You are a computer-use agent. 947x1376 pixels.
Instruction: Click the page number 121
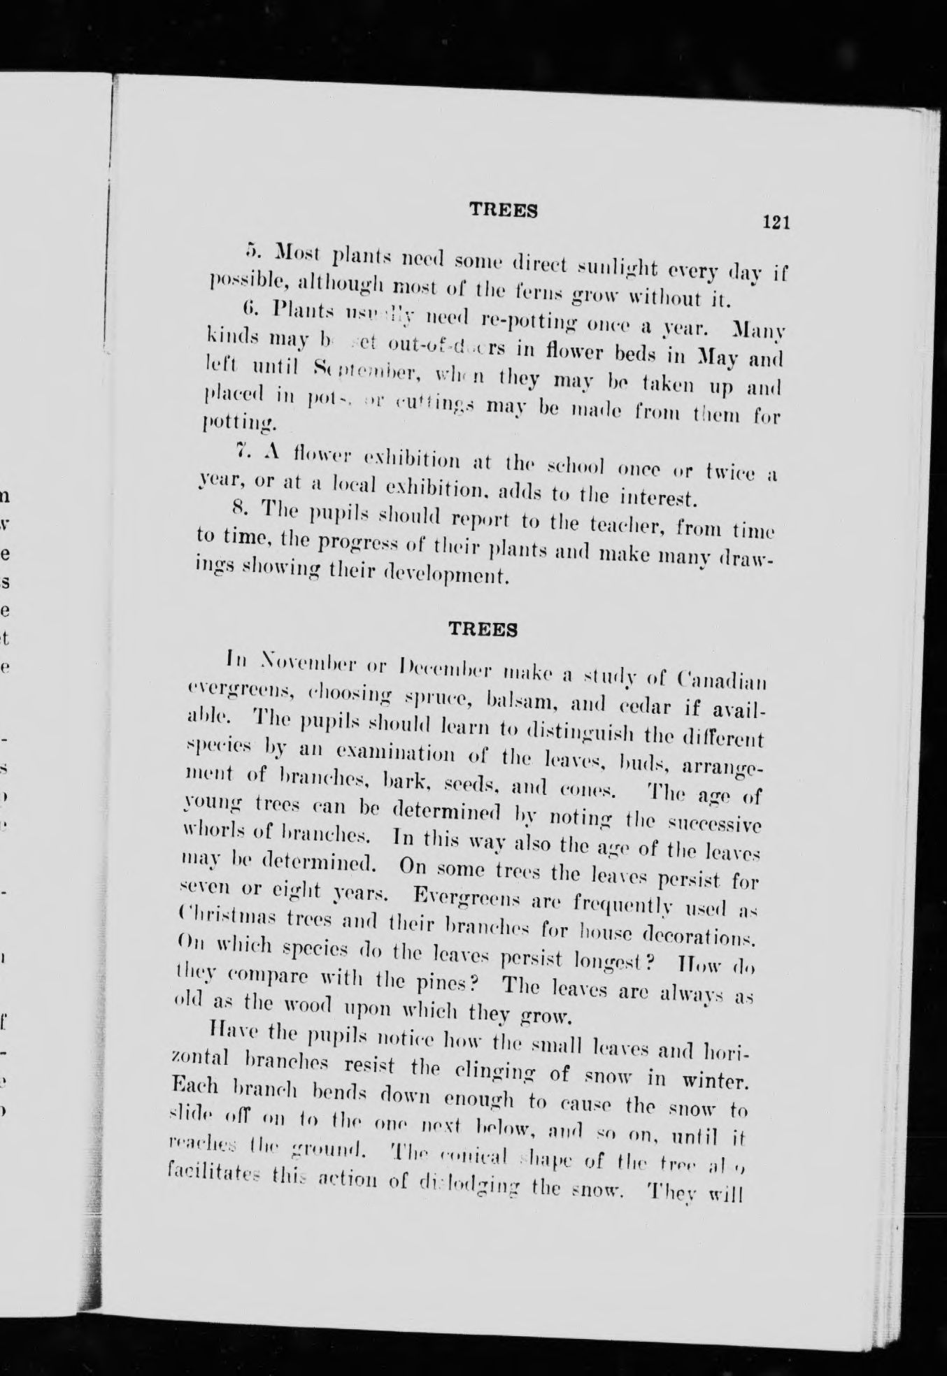point(776,223)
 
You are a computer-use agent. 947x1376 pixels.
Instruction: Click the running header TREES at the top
point(503,210)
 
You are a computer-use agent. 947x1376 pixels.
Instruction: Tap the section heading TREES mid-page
point(483,629)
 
